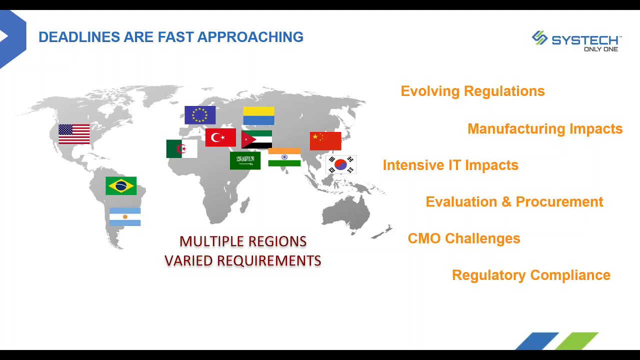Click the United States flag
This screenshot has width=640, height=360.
pos(74,134)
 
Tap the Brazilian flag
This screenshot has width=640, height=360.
pos(121,185)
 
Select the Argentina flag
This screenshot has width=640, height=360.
pos(125,217)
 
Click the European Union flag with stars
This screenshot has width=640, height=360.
pos(200,115)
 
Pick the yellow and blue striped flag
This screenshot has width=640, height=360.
pos(259,115)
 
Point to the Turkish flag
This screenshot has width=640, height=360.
pos(220,137)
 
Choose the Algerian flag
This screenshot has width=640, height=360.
pos(181,149)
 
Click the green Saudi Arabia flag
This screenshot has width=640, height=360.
pos(245,160)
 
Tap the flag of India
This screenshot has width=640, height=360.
pos(284,157)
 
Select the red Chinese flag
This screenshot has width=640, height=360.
pos(325,141)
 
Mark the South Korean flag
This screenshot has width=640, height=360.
pos(341,164)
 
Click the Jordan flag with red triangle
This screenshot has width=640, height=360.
pos(256,139)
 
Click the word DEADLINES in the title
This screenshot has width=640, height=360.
pos(79,37)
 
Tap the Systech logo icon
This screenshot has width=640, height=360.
pos(539,38)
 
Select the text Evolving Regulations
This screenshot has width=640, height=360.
pos(472,91)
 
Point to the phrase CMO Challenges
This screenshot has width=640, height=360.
pos(464,238)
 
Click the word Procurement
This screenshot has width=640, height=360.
pos(559,201)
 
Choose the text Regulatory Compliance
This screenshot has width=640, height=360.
pos(531,275)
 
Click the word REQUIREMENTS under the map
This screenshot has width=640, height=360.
pos(269,260)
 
